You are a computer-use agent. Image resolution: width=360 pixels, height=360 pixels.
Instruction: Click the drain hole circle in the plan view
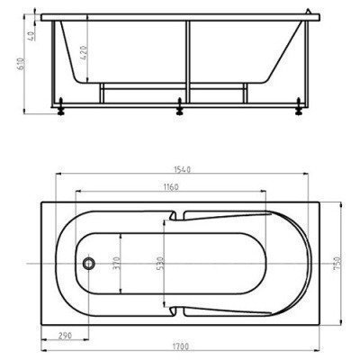click(x=88, y=264)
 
